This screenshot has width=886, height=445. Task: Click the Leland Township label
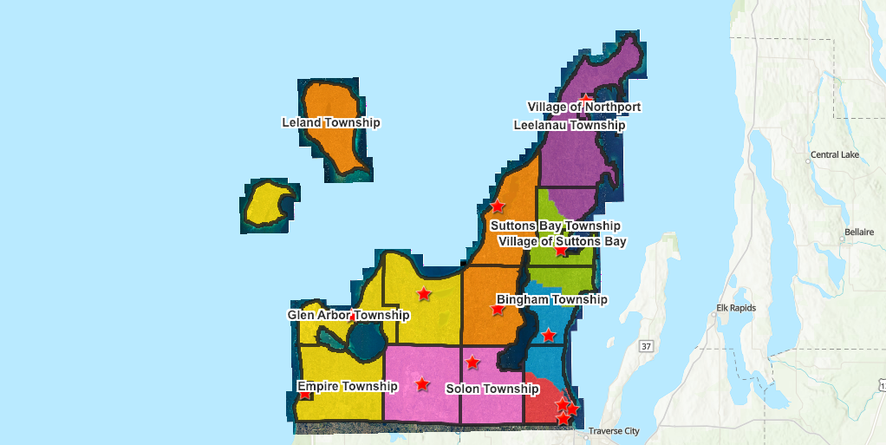330,122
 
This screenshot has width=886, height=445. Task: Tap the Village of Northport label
583,107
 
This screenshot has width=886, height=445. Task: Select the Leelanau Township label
569,125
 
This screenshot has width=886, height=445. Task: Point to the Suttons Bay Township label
555,226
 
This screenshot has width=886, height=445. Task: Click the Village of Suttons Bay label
562,241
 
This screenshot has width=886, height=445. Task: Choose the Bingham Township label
551,299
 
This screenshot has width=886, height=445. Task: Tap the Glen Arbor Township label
349,315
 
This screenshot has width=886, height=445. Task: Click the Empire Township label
347,386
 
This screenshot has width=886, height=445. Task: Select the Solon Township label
492,389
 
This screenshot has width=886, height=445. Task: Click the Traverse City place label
613,431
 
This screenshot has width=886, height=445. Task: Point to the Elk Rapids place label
736,308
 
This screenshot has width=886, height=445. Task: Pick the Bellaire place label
858,232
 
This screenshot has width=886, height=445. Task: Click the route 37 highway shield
646,347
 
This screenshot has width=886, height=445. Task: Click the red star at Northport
586,99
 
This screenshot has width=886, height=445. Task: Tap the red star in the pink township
422,383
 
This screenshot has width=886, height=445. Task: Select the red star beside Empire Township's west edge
304,395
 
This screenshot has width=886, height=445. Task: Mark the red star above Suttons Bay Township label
498,206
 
